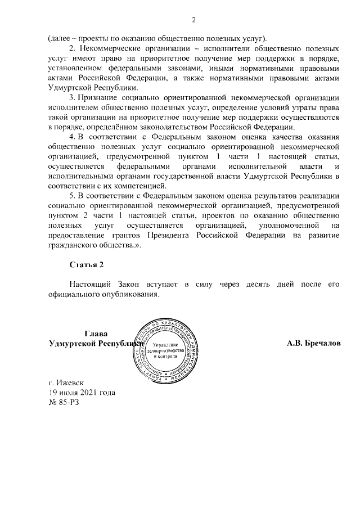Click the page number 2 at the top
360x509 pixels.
tap(193, 21)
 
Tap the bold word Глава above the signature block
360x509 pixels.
tap(96, 334)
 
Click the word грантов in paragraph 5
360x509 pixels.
tap(130, 236)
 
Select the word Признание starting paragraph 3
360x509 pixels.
tap(97, 97)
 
